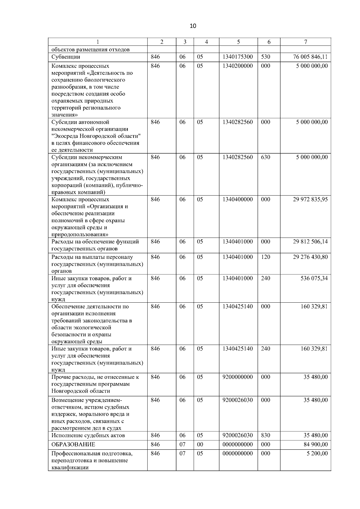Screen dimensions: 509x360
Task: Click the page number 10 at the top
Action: point(193,26)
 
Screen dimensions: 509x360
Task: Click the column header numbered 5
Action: point(238,42)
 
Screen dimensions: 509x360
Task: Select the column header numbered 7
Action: point(305,42)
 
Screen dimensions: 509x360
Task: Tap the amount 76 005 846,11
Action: point(310,57)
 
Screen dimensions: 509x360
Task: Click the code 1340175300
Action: point(238,57)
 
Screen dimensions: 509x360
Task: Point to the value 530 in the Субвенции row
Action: point(265,57)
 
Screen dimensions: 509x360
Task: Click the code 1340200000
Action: point(238,66)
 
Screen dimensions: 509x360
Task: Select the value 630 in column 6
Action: point(265,157)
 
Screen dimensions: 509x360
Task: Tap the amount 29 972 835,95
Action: point(310,199)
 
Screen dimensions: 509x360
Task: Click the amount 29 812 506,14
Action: point(310,242)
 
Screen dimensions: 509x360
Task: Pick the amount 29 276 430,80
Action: point(310,257)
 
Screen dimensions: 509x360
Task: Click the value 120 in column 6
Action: point(265,257)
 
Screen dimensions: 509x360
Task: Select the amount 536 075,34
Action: point(314,278)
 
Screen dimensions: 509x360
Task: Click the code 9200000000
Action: point(238,377)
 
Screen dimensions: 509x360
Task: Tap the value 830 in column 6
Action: point(265,436)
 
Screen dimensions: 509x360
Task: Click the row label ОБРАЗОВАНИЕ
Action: point(73,445)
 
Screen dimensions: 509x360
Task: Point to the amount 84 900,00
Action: point(316,445)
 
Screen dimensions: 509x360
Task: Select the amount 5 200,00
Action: point(317,454)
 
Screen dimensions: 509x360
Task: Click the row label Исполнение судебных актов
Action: point(88,436)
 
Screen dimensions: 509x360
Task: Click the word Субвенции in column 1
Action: point(66,57)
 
